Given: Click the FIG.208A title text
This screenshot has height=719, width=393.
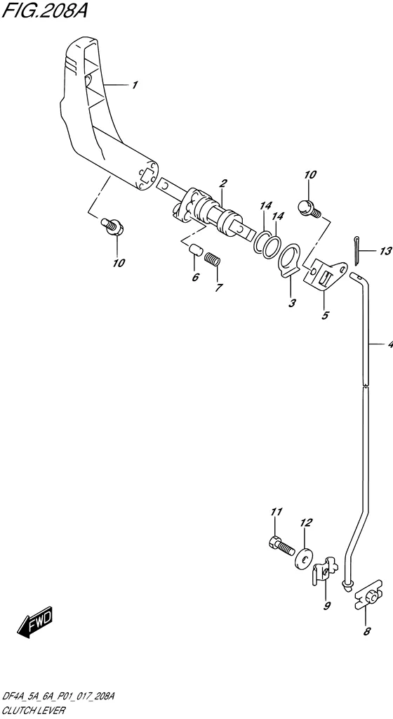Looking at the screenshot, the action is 44,10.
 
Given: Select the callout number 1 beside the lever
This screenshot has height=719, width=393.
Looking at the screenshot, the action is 134,85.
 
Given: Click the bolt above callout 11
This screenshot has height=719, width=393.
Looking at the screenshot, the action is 281,545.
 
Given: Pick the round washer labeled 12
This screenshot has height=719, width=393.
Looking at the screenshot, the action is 303,557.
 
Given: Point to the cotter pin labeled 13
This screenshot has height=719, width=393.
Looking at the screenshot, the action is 357,252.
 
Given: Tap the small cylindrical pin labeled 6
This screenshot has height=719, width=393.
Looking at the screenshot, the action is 196,250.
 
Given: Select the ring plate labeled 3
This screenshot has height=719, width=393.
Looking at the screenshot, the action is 289,261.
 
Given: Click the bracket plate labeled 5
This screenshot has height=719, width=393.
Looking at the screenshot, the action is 325,276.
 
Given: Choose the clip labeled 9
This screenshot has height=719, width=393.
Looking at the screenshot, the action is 324,570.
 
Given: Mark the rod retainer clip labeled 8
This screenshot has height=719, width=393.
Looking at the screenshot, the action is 369,599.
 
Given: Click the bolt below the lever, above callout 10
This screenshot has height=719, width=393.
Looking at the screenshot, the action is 112,226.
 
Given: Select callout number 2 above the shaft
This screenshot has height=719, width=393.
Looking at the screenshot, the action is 223,183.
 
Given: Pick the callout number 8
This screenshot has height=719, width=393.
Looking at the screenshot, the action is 367,631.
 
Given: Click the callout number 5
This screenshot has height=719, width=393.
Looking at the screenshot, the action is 325,316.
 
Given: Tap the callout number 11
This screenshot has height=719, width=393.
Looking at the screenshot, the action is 277,512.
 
